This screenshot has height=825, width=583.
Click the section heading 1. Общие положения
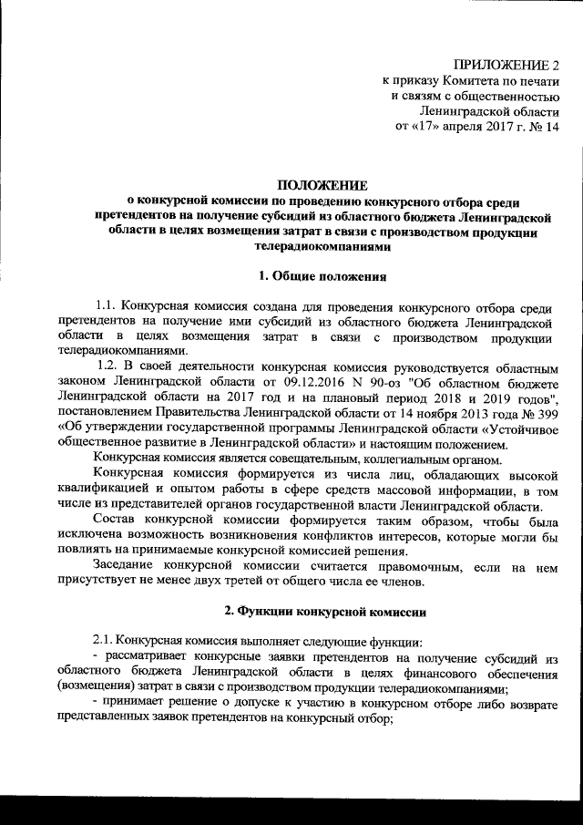[x=314, y=274]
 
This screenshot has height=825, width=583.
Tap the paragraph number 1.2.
[x=119, y=366]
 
